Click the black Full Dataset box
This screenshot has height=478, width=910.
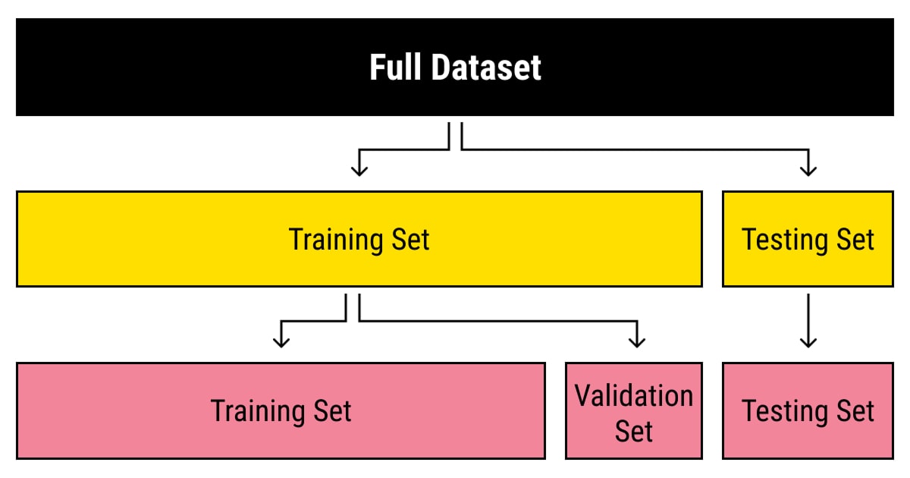(x=454, y=67)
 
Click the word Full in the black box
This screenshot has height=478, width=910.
(x=395, y=68)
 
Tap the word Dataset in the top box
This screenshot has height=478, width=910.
(x=486, y=68)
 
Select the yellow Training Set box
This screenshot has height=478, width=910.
(x=359, y=239)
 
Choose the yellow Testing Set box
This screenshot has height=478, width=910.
(x=808, y=239)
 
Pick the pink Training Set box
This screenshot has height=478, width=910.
(x=281, y=411)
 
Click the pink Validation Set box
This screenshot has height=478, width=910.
(x=634, y=411)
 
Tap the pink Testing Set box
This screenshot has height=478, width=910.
(x=808, y=411)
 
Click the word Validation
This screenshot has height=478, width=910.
(x=634, y=395)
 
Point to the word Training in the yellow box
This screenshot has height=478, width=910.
(x=335, y=241)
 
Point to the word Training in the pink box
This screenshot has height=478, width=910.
(x=258, y=412)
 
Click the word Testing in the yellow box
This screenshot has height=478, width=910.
(x=784, y=241)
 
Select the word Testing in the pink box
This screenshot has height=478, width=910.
(x=784, y=412)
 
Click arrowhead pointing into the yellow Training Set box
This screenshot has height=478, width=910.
(x=359, y=171)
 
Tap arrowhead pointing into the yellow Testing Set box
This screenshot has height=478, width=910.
(x=808, y=171)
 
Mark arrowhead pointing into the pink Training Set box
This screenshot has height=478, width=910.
(x=281, y=343)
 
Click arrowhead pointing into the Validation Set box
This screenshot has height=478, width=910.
(x=637, y=343)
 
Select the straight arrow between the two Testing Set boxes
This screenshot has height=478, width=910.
(x=808, y=321)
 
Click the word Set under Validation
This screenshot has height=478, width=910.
(x=634, y=431)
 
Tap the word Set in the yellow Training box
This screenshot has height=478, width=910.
(x=410, y=240)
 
